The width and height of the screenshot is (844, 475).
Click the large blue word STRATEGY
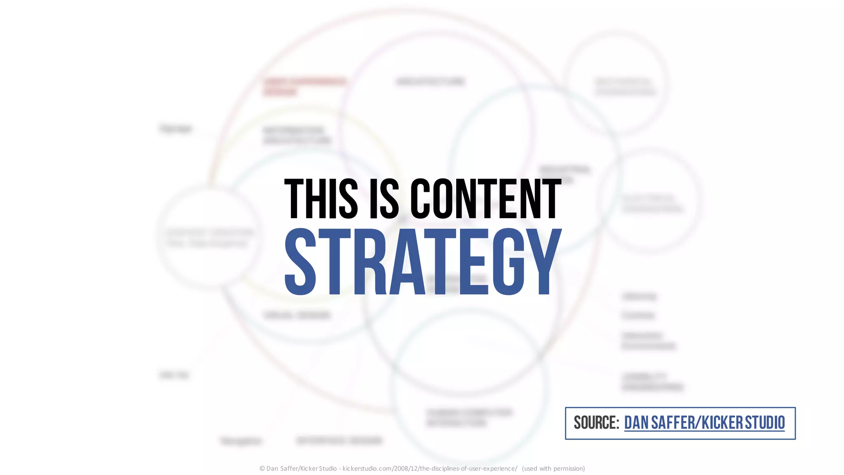click(423, 261)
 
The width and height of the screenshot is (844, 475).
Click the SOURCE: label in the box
click(596, 423)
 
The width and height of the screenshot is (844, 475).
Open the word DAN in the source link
click(636, 423)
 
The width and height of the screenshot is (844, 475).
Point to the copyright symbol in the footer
click(262, 468)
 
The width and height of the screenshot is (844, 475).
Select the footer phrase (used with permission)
click(553, 468)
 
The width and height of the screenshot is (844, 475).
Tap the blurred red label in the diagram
click(304, 86)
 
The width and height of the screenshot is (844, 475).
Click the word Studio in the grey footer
click(328, 468)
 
